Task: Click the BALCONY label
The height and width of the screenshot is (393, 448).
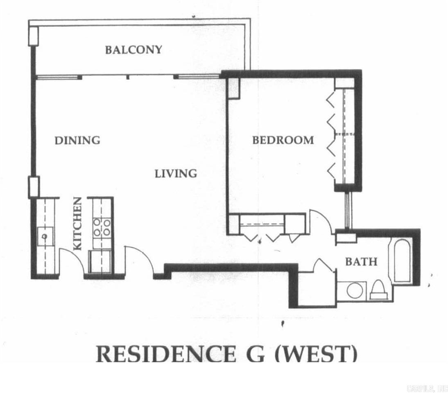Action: click(x=133, y=50)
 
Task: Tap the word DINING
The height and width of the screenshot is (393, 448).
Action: click(x=77, y=140)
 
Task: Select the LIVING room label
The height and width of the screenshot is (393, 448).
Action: click(x=176, y=173)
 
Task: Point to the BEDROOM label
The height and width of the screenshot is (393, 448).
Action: click(x=283, y=140)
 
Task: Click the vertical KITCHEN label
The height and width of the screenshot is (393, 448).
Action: click(x=78, y=224)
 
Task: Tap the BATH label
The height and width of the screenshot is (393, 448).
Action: click(x=361, y=261)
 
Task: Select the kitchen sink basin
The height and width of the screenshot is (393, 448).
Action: click(x=45, y=237)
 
